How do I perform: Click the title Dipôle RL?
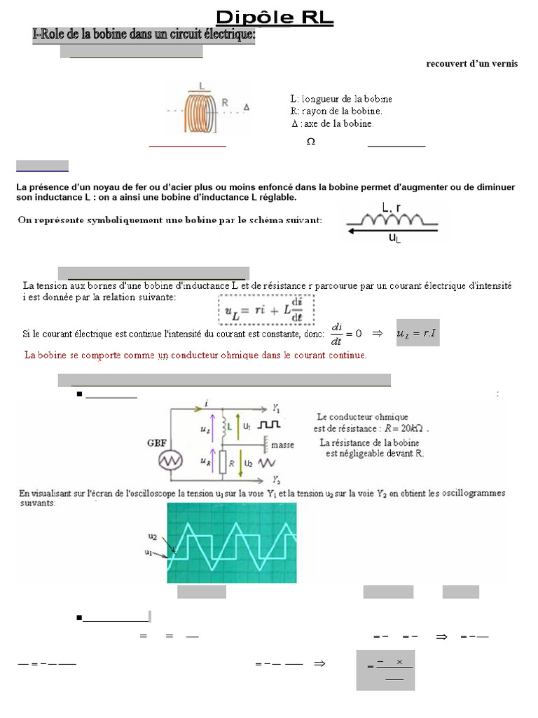(274, 17)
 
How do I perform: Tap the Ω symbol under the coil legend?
(310, 142)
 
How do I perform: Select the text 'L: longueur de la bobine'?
(341, 99)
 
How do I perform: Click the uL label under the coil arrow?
(394, 238)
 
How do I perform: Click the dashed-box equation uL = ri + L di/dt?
(265, 309)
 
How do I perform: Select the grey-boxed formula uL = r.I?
(418, 333)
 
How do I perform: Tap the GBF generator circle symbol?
(171, 460)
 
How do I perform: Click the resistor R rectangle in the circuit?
(223, 462)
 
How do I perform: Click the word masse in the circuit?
(282, 445)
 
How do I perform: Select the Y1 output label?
(276, 407)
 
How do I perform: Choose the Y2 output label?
(276, 480)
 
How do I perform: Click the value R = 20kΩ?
(403, 428)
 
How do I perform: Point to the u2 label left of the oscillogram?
(153, 536)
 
